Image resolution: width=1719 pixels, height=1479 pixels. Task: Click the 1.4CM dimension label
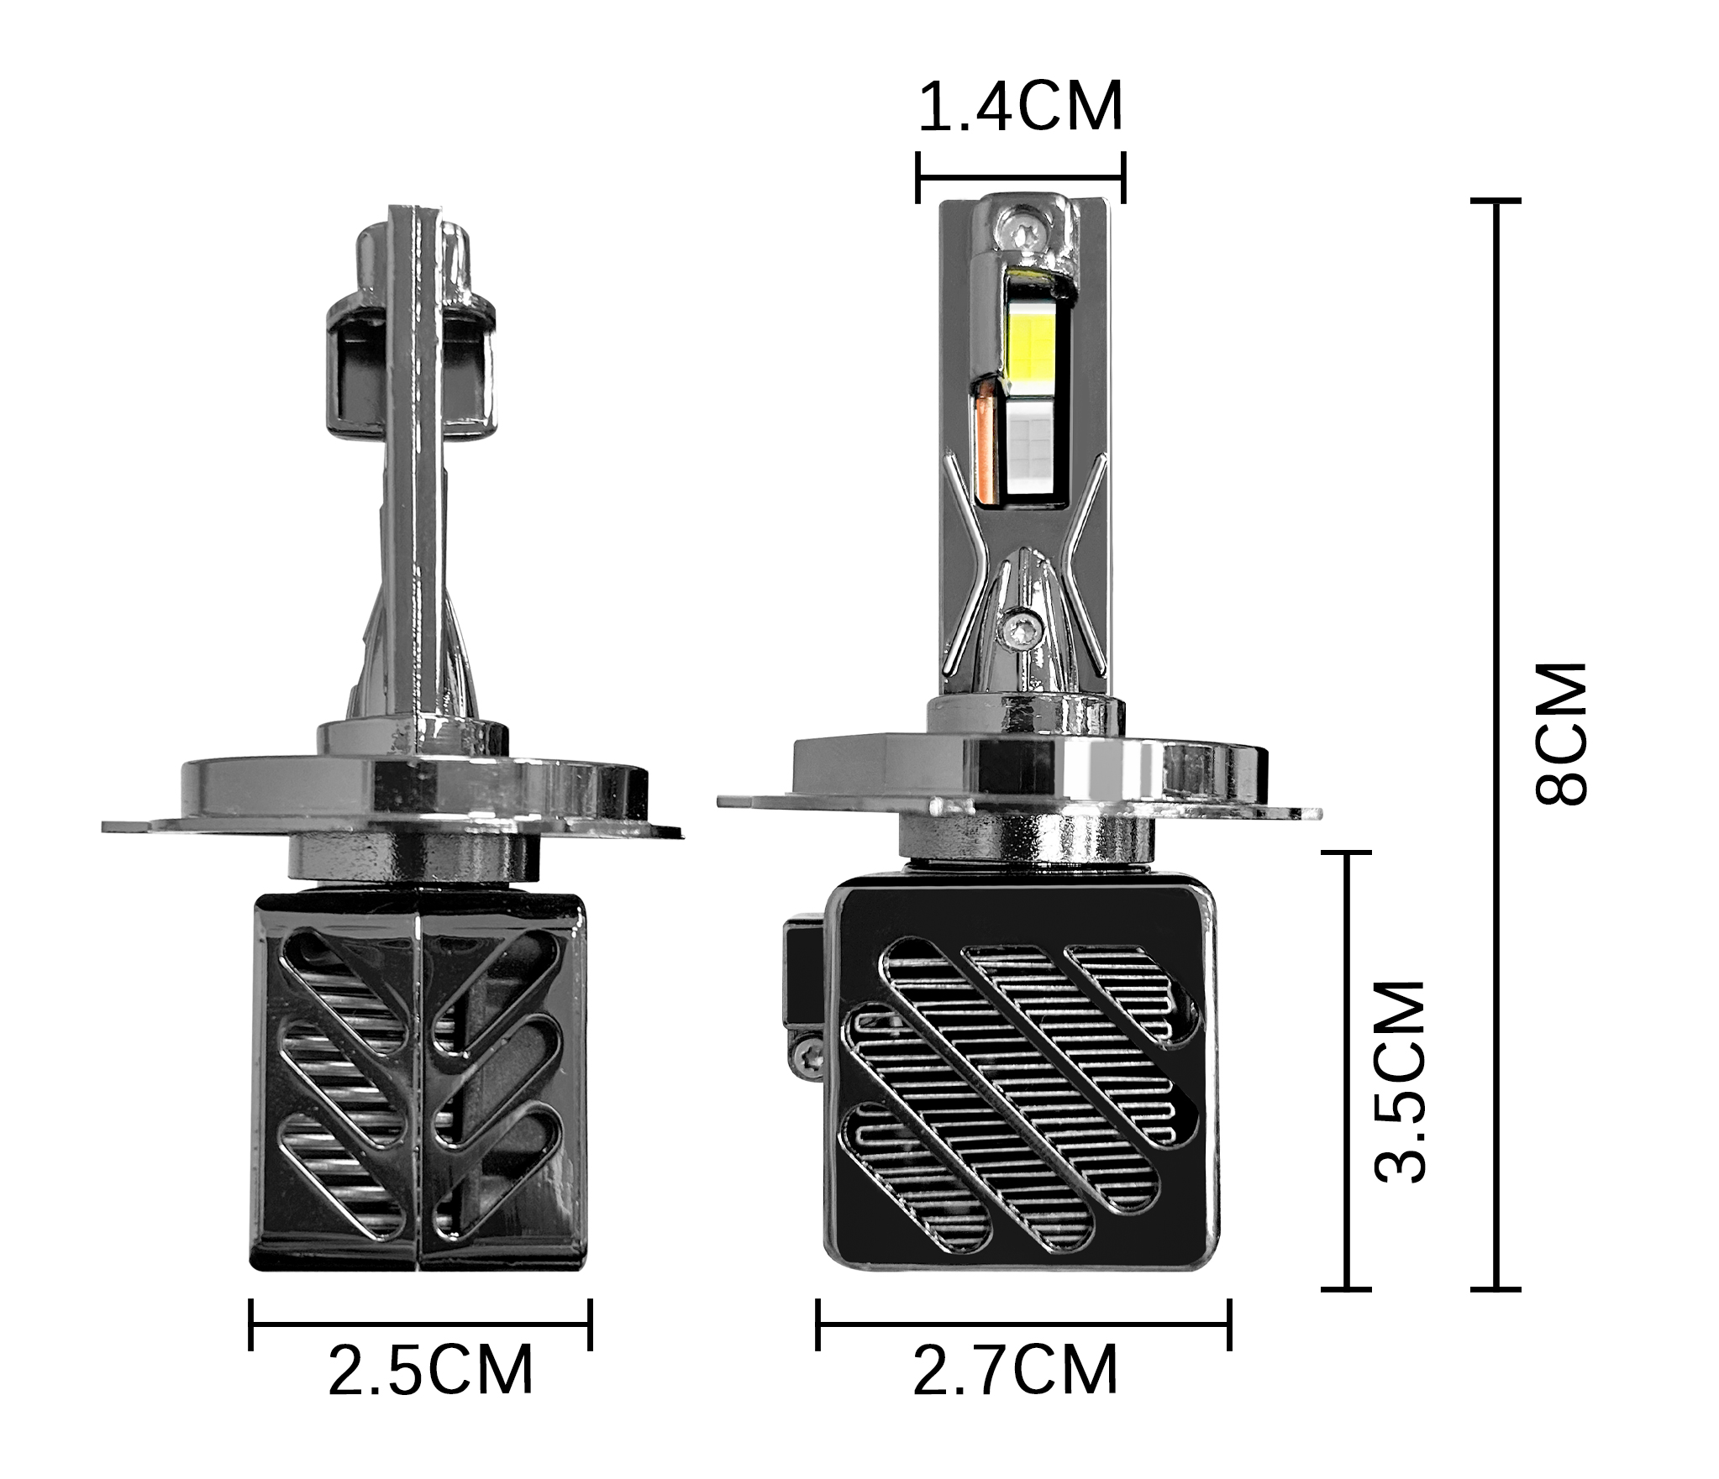click(x=1020, y=108)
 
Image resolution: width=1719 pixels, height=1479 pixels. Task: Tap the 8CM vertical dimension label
click(x=1561, y=734)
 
